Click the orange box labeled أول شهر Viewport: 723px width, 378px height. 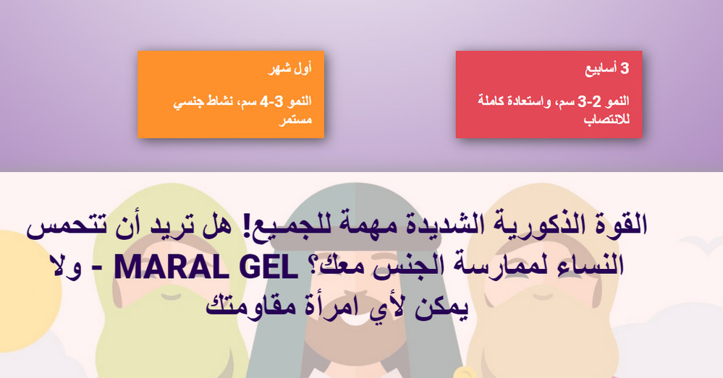(230, 94)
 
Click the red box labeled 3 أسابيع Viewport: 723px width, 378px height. (549, 94)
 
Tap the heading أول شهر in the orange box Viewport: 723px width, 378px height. (295, 69)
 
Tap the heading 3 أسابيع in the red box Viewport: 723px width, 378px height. (607, 69)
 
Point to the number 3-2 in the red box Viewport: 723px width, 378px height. (591, 100)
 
